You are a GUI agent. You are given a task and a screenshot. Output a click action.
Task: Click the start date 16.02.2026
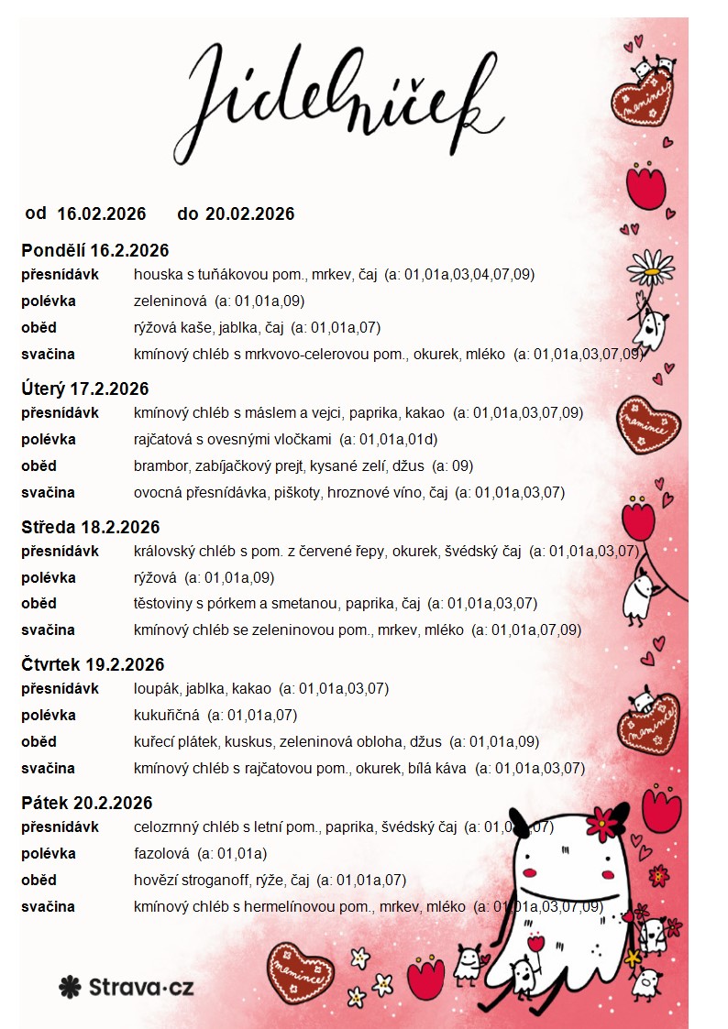pos(102,214)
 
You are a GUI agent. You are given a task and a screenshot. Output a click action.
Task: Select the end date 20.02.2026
pos(250,214)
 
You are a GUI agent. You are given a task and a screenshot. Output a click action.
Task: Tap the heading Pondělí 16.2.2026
pos(95,251)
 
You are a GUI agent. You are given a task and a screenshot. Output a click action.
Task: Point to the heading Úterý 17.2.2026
pos(85,389)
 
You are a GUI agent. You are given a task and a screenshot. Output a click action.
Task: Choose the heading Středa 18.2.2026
pos(91,528)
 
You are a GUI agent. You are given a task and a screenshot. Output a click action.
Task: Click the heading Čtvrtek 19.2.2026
pos(93,665)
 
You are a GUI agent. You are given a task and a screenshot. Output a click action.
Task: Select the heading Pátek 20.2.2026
pos(87,804)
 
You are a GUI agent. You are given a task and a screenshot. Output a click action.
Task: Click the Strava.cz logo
pos(126,987)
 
